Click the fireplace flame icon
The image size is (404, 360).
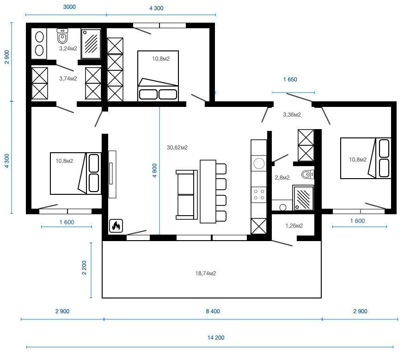click(x=116, y=226)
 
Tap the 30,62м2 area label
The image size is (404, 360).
click(x=177, y=148)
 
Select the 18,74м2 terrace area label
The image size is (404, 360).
click(x=205, y=273)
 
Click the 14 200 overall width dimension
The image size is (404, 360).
click(x=216, y=338)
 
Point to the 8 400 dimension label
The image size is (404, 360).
click(x=213, y=311)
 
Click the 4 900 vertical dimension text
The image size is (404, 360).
click(x=154, y=170)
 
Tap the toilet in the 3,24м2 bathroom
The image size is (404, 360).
click(x=62, y=36)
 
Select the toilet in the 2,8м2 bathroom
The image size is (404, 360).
click(x=308, y=174)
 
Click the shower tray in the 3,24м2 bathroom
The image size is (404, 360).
click(x=91, y=44)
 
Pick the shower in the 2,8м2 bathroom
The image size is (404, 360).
click(x=303, y=198)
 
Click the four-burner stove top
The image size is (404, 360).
click(x=259, y=195)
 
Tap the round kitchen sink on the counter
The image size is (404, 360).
click(x=259, y=163)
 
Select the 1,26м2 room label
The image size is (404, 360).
click(x=294, y=226)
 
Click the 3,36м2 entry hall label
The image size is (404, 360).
click(x=292, y=115)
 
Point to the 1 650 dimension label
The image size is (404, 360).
click(x=290, y=80)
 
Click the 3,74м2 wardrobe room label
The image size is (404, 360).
click(x=68, y=78)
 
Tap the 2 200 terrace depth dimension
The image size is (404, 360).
click(x=84, y=267)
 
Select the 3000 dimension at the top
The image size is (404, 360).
click(x=69, y=7)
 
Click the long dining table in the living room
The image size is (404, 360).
click(x=208, y=192)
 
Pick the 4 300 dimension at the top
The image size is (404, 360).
click(x=156, y=8)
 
